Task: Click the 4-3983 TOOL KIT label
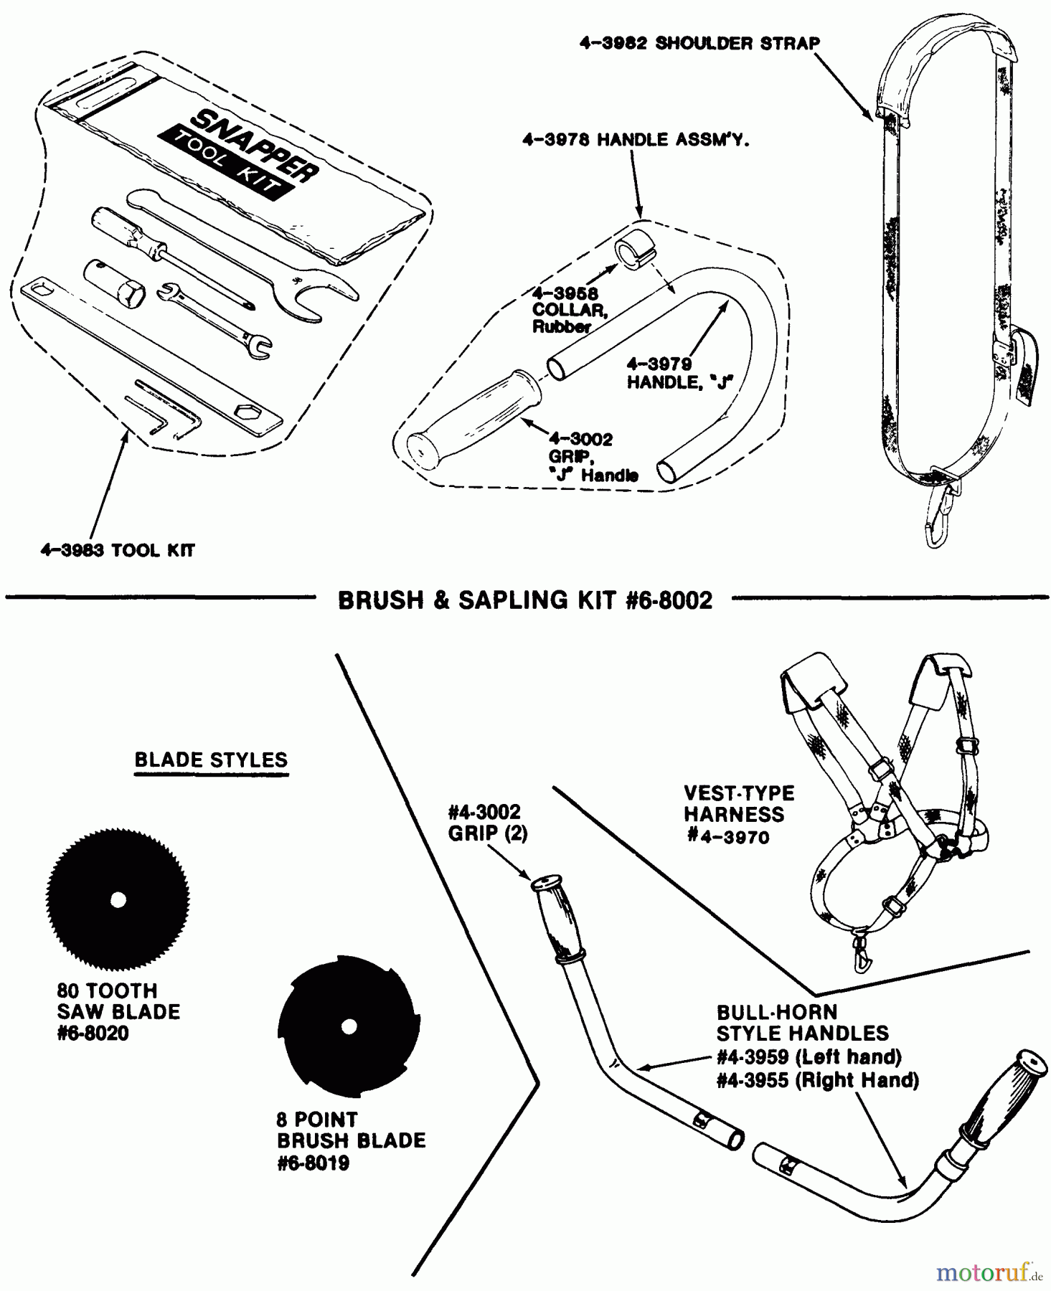(117, 551)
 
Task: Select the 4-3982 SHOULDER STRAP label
(699, 43)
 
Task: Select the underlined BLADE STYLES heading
(211, 760)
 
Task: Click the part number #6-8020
(93, 1034)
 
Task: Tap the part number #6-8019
(313, 1163)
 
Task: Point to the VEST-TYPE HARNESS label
(738, 814)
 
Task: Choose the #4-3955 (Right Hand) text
(817, 1080)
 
